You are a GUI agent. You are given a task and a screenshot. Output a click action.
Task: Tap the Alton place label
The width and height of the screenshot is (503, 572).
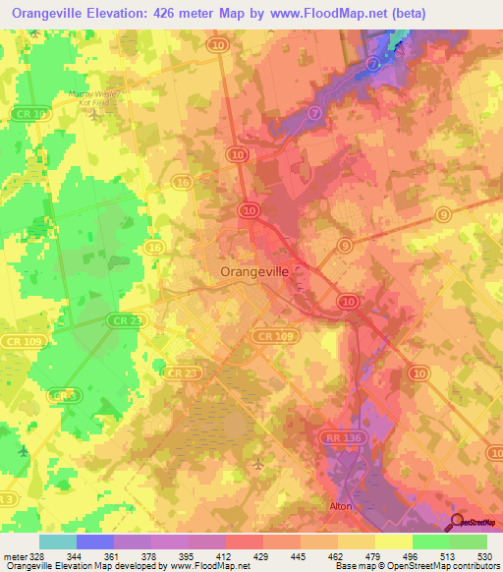coord(341,506)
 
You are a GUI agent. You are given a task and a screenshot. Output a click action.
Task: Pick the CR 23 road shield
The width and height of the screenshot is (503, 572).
coord(180,372)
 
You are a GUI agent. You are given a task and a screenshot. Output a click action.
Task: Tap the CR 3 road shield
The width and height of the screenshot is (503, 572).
coord(63,394)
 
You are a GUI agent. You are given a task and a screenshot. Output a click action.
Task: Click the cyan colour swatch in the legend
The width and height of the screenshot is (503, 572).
coord(57,542)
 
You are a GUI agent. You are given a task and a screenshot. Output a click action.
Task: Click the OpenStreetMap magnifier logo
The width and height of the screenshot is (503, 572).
coord(458,522)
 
